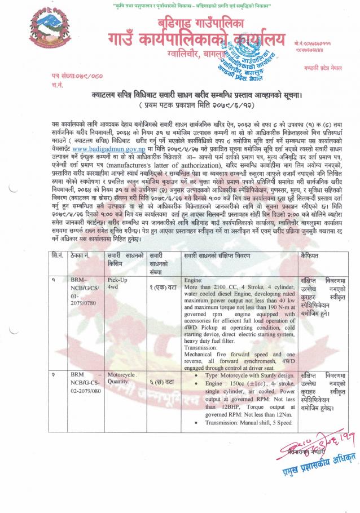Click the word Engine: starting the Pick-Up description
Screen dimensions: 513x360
tap(194, 279)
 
